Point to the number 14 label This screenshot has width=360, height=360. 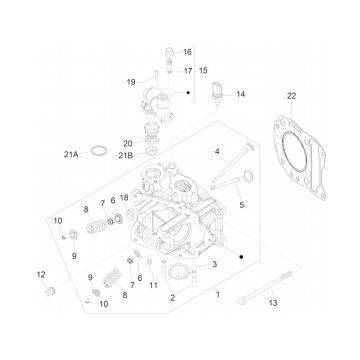pos(240,95)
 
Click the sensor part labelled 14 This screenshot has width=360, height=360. pos(215,94)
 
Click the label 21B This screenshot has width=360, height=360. pos(153,155)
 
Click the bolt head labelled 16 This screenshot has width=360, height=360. pos(166,50)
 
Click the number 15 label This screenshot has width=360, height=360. pos(204,71)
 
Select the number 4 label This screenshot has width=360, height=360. pos(216,152)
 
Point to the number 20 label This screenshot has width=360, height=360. pos(155,143)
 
